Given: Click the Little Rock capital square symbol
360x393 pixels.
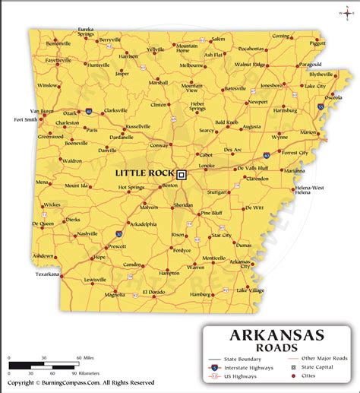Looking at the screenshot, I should (182, 173).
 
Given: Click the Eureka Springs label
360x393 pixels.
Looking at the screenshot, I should (86, 33).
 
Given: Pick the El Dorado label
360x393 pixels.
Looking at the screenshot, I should (153, 292).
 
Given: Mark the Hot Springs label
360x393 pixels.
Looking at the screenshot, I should (131, 187).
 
